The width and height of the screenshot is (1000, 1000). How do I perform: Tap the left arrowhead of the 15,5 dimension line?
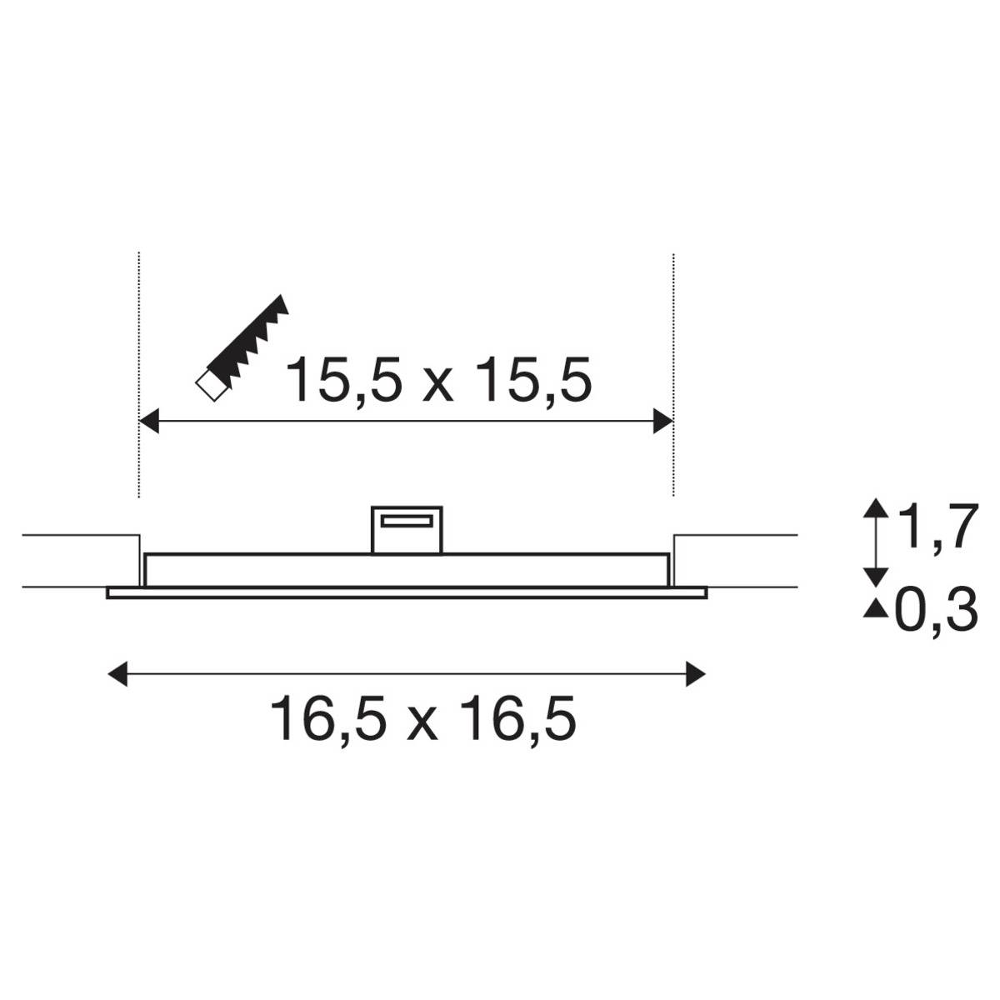[x=148, y=422]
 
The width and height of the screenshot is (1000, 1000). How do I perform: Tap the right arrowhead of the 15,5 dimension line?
[x=663, y=422]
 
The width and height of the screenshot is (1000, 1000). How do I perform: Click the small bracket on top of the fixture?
[x=406, y=529]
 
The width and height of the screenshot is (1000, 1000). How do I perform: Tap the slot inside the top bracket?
[x=406, y=522]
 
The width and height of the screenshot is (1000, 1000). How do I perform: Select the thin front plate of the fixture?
[x=407, y=593]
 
